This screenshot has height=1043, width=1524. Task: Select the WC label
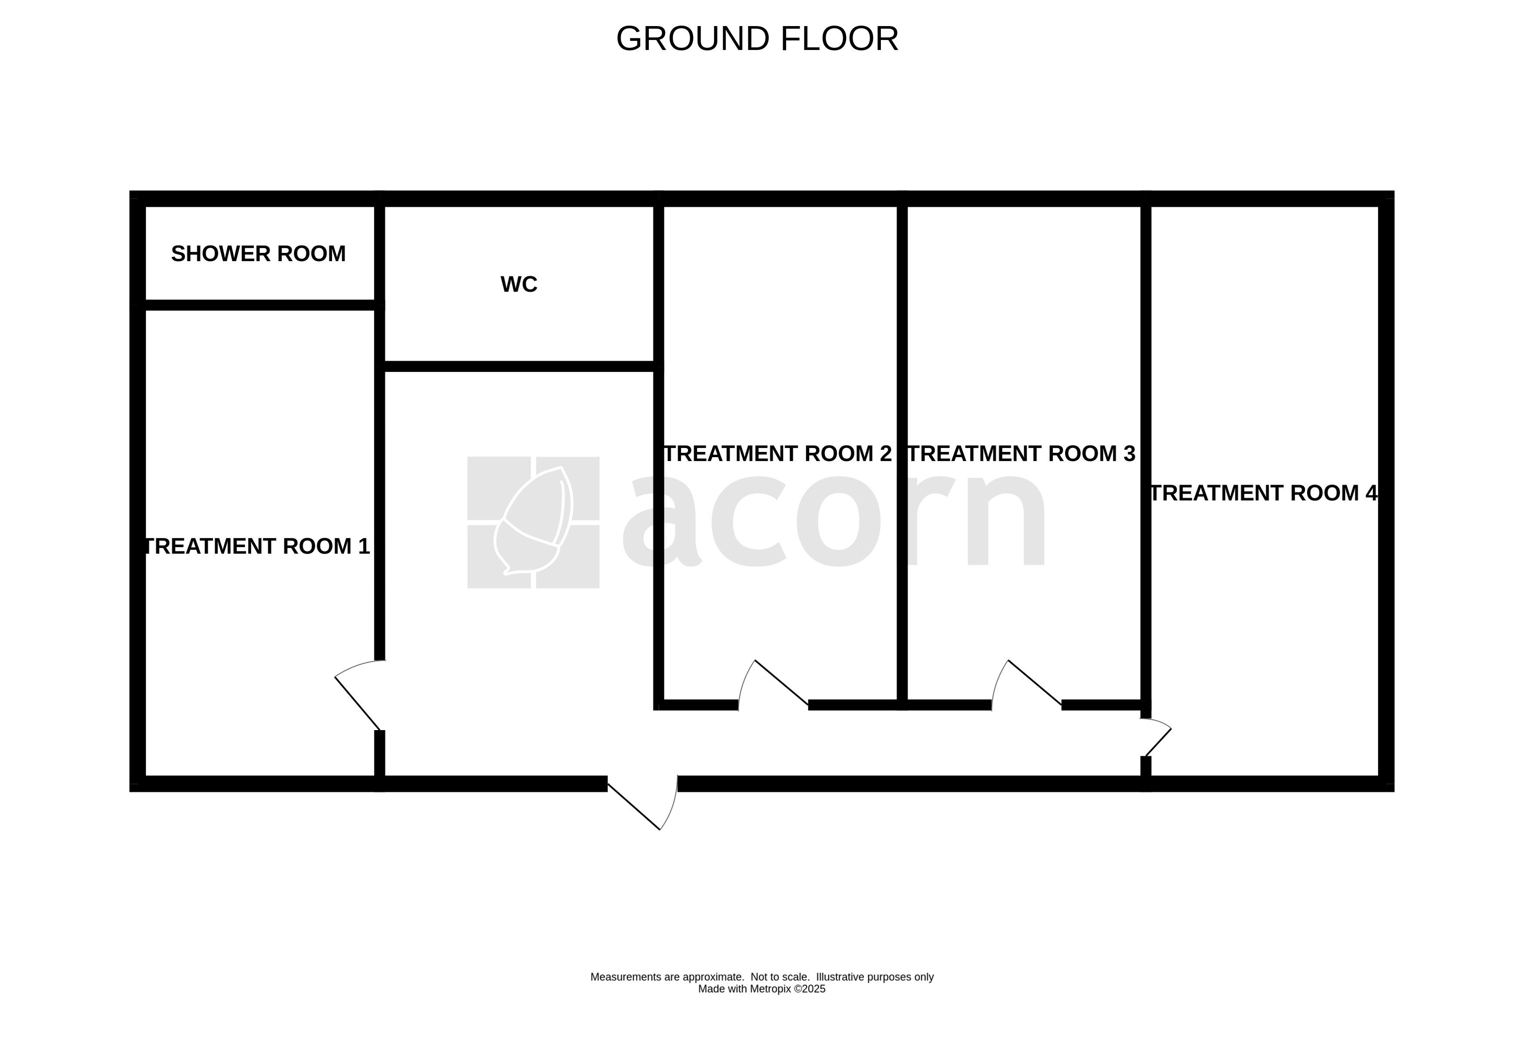click(x=519, y=284)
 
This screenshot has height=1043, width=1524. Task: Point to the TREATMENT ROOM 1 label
click(x=256, y=546)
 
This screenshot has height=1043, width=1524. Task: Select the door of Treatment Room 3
click(x=1033, y=682)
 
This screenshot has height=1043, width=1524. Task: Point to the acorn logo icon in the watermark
click(x=533, y=522)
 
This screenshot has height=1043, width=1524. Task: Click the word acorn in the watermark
click(x=833, y=522)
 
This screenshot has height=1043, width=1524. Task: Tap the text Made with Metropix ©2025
click(x=761, y=989)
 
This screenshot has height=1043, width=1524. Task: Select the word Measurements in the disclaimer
click(x=626, y=977)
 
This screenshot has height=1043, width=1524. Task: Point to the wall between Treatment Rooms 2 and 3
click(x=902, y=453)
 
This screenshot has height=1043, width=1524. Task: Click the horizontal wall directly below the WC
click(x=519, y=366)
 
